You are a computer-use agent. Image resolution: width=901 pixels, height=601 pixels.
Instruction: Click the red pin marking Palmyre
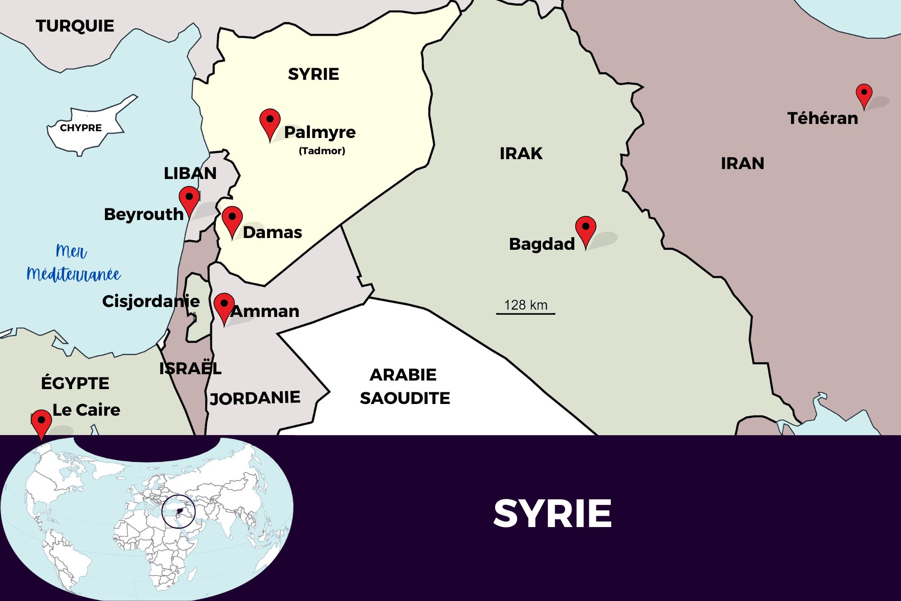(270, 122)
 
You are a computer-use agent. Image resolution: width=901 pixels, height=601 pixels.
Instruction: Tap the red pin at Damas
(232, 219)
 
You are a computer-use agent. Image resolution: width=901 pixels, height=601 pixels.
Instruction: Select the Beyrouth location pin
(189, 199)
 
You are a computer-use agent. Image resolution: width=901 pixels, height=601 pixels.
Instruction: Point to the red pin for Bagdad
(586, 229)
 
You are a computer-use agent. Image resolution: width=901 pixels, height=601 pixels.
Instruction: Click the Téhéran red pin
(864, 94)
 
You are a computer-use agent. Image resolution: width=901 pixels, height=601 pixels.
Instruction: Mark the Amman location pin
(224, 306)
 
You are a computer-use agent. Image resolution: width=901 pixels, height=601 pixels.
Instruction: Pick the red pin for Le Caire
(41, 422)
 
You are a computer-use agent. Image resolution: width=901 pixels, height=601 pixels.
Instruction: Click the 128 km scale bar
(525, 313)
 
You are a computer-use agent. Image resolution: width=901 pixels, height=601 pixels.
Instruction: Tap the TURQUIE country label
(75, 26)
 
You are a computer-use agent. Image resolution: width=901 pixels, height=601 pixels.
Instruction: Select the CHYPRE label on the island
(81, 128)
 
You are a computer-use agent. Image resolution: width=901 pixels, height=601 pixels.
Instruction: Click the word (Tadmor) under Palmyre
(322, 151)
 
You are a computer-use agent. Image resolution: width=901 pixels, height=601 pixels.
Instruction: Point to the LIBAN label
(190, 174)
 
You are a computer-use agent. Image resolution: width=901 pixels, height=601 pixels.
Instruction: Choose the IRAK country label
(521, 154)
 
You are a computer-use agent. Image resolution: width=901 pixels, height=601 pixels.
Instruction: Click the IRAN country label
(742, 163)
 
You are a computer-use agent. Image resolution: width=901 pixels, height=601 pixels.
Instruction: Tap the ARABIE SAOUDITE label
(405, 386)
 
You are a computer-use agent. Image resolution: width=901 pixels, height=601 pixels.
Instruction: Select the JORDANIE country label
(255, 398)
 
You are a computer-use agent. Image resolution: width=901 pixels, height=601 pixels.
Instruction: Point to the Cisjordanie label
(151, 301)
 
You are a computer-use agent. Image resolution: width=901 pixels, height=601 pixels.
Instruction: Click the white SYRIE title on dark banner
(552, 514)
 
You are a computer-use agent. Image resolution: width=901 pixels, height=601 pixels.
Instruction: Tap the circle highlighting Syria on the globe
(178, 511)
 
